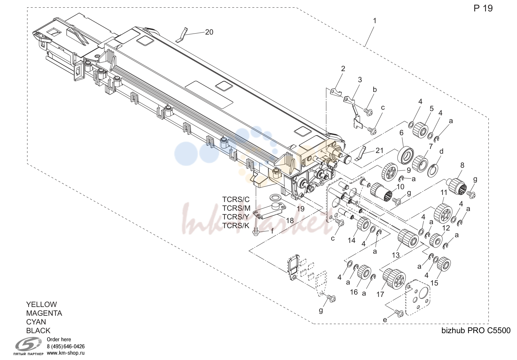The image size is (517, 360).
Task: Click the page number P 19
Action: [483, 8]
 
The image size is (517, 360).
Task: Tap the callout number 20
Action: [209, 32]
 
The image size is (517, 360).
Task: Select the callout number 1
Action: [375, 21]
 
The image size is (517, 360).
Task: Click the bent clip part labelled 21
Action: [360, 153]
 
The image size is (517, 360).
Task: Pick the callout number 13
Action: [395, 255]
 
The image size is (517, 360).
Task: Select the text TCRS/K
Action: [236, 225]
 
